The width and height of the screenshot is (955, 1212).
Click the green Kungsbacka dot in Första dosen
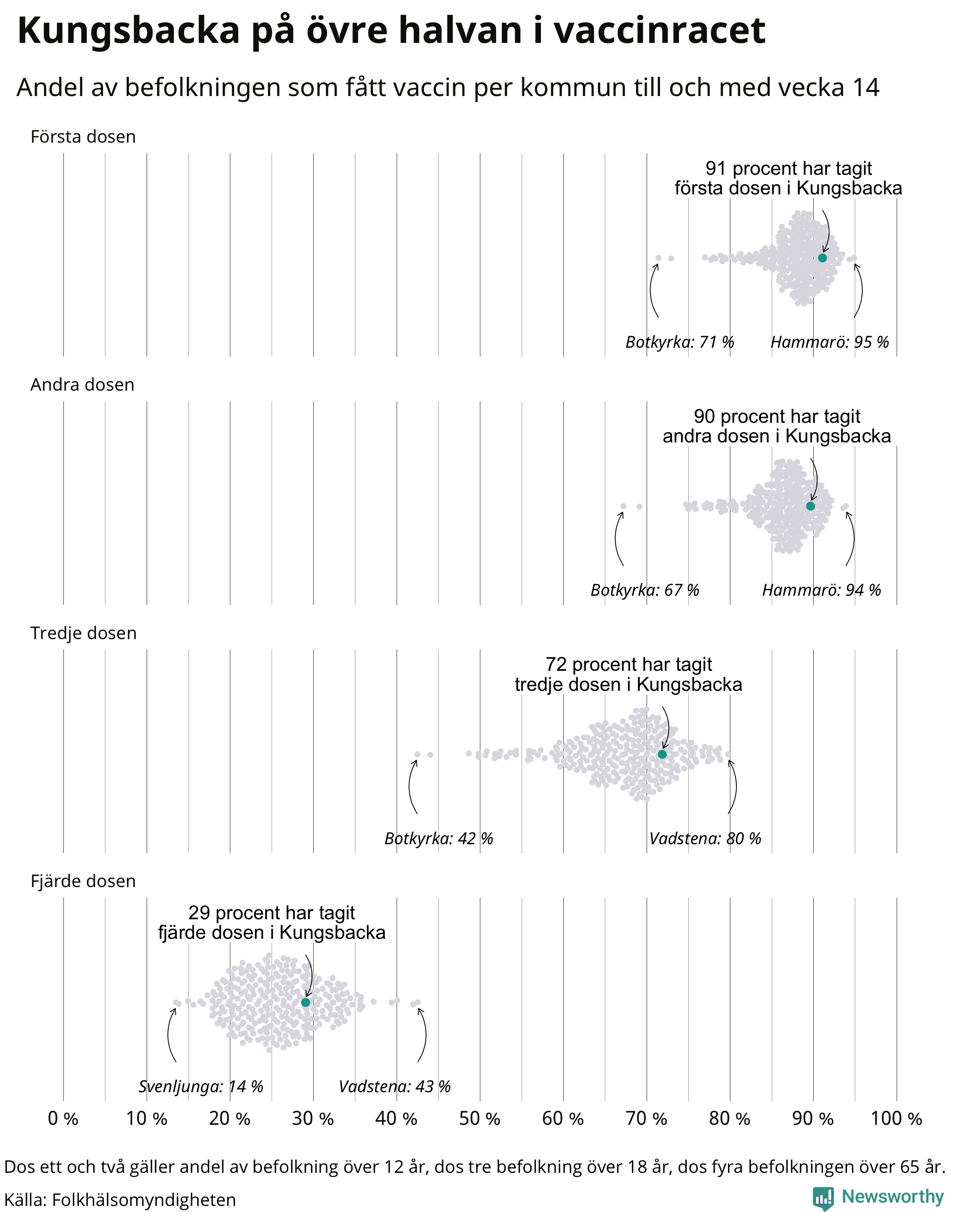[822, 258]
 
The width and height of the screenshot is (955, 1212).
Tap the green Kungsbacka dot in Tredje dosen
[662, 754]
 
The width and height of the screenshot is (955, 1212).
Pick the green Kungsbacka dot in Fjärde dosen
[305, 1002]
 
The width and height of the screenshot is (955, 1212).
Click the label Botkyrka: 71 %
[679, 342]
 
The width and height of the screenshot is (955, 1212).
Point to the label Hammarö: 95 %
[830, 342]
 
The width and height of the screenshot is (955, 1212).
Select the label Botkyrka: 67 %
[645, 590]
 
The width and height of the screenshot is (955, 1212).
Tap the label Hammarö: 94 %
[821, 590]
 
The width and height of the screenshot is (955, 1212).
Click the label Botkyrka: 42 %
[438, 839]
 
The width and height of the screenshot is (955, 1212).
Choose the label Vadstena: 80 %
[705, 839]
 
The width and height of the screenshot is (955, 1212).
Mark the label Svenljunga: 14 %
[201, 1087]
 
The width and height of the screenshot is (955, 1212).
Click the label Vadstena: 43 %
[395, 1087]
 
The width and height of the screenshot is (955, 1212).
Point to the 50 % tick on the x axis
[479, 1119]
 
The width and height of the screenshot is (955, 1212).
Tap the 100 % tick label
[896, 1119]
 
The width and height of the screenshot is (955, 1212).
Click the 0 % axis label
[62, 1119]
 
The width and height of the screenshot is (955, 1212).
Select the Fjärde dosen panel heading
[83, 881]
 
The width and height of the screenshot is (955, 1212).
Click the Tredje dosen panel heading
[83, 633]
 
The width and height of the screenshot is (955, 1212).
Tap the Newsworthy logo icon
[823, 1198]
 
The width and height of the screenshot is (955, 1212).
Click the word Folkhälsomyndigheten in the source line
[144, 1200]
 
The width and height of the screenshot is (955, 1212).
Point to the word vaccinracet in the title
[660, 31]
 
